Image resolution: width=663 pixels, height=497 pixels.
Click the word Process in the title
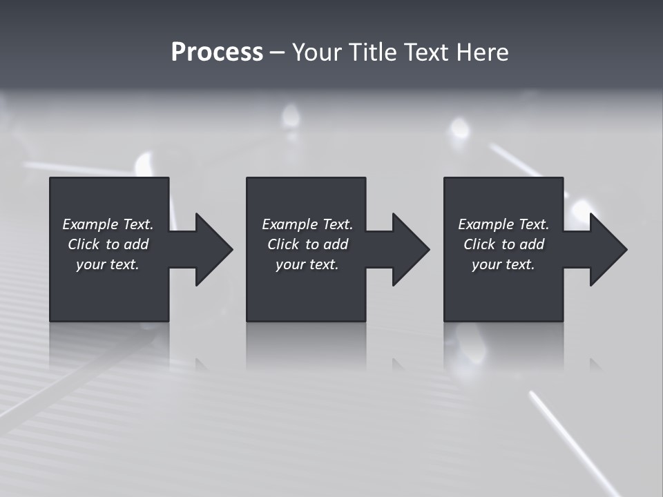coord(217,52)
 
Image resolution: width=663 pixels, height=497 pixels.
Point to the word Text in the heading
coord(425,52)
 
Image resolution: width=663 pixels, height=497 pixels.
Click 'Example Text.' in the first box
coord(108,224)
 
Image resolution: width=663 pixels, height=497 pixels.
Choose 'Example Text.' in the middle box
coord(307,224)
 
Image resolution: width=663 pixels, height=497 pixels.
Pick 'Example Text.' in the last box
coord(503,224)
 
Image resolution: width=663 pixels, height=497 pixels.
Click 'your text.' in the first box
coord(108,264)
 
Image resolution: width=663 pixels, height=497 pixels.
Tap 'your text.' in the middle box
coord(307,264)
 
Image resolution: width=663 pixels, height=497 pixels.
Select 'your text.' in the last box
coord(503,264)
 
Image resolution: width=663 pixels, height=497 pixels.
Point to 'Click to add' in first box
coord(108,244)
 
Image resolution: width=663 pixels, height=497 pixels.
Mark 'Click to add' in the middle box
coord(307,244)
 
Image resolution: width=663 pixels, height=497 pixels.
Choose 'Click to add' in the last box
coord(503,244)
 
